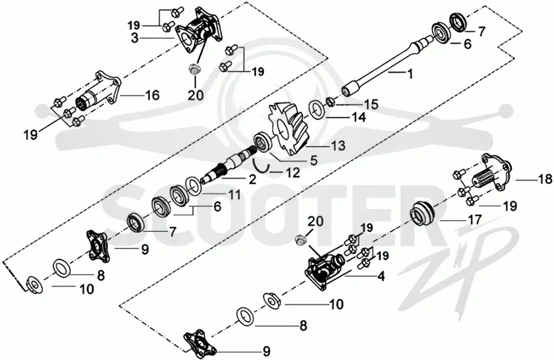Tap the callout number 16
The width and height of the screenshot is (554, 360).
point(152,96)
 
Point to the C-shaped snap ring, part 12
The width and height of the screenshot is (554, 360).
point(262,165)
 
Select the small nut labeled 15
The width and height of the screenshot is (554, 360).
point(330,101)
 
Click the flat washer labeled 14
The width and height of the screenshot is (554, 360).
point(317,109)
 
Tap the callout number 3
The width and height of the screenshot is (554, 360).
point(134,38)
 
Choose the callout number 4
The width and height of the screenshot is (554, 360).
point(381,276)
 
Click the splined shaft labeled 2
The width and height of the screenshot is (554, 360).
point(226,165)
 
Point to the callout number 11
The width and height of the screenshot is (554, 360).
point(233,195)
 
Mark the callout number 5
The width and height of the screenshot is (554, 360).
point(314,160)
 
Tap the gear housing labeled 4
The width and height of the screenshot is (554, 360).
point(322,271)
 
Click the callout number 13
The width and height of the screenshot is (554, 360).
point(338,145)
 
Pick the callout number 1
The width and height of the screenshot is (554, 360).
point(410,74)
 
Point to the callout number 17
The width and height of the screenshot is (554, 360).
point(474,219)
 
